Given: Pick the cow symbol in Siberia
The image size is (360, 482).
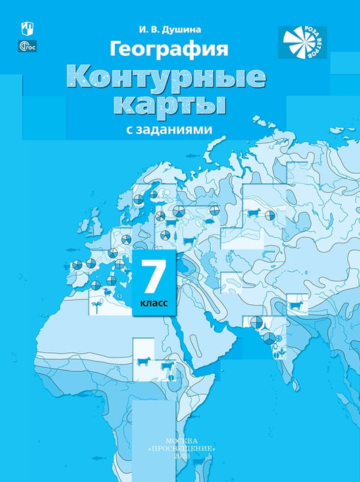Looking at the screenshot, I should tap(253, 214).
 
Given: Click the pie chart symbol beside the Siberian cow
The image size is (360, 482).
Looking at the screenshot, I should tap(269, 216).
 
